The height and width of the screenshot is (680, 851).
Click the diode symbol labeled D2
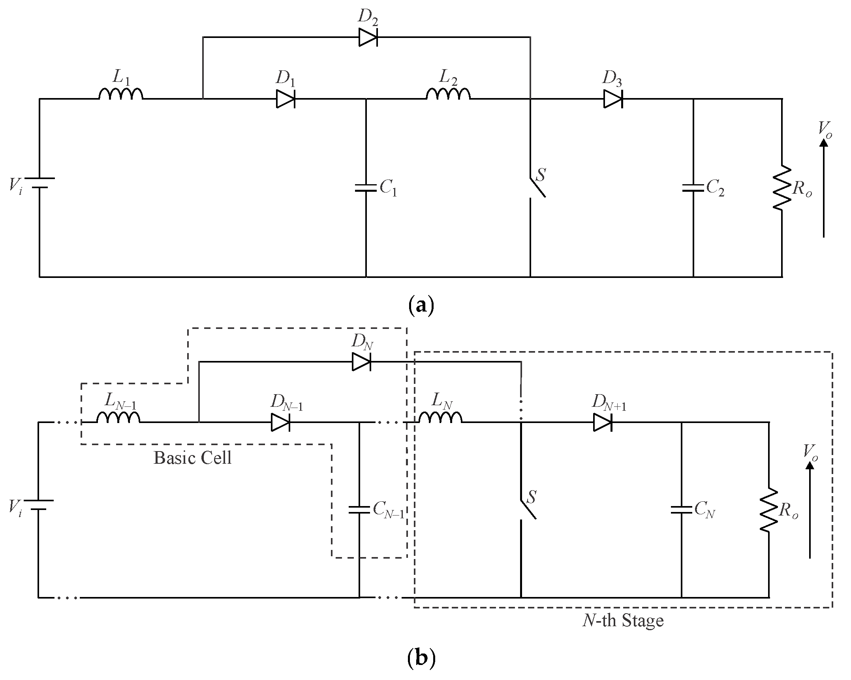click(368, 38)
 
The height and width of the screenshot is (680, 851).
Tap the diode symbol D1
click(286, 99)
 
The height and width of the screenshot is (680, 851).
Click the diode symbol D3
click(613, 99)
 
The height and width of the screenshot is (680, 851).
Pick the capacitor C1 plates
click(366, 187)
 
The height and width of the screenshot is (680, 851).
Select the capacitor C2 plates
click(693, 187)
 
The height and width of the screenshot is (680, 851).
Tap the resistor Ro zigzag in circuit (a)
click(782, 188)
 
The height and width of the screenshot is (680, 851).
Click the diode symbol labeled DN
click(361, 362)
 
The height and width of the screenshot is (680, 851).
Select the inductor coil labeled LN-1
click(118, 418)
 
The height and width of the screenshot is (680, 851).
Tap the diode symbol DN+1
click(603, 423)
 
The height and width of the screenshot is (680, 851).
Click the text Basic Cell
click(192, 458)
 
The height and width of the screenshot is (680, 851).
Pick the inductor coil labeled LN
click(440, 418)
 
